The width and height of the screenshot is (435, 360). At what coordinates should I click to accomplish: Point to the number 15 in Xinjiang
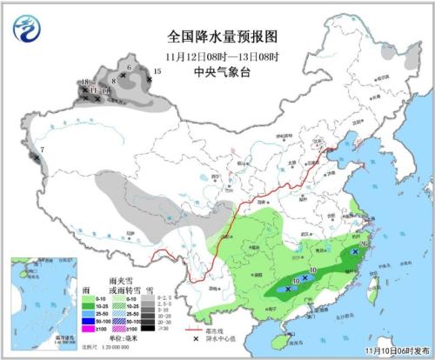pos(157,71)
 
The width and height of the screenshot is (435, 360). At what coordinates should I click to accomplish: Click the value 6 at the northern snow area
pos(129,67)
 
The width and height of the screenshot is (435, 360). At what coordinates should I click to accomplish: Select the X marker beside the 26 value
pos(354,251)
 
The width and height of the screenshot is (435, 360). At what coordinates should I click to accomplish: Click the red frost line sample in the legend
pos(197,330)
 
